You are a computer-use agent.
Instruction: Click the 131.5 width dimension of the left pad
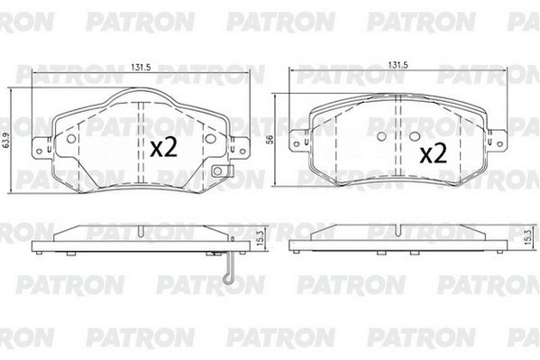(x=141, y=68)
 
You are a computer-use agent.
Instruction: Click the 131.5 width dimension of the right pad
(x=398, y=65)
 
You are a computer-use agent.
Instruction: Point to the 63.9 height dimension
(x=5, y=141)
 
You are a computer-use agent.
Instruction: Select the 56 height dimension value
(x=270, y=139)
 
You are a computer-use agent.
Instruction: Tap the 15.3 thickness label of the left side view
(x=261, y=237)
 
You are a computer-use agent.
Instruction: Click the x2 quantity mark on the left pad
(x=163, y=147)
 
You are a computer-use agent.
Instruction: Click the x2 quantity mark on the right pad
(x=434, y=152)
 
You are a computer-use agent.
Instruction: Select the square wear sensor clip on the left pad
(x=218, y=171)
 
